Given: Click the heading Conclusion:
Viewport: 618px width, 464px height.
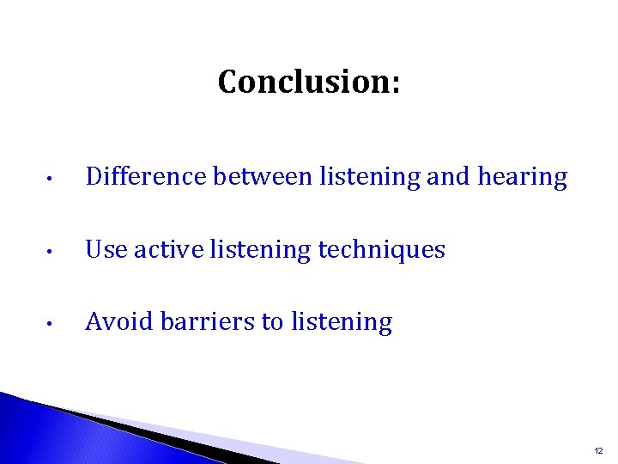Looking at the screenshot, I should [x=309, y=82].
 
